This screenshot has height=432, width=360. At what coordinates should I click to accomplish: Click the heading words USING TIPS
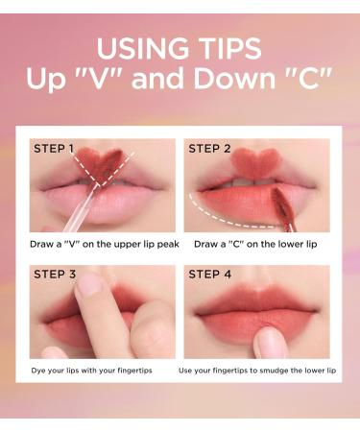(180, 48)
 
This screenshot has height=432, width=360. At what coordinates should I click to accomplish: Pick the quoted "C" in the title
(304, 81)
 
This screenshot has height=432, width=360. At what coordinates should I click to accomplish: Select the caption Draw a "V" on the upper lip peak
(105, 245)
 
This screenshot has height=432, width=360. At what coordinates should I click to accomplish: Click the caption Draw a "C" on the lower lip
(253, 245)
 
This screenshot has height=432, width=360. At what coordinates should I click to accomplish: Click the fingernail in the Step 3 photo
(88, 285)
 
